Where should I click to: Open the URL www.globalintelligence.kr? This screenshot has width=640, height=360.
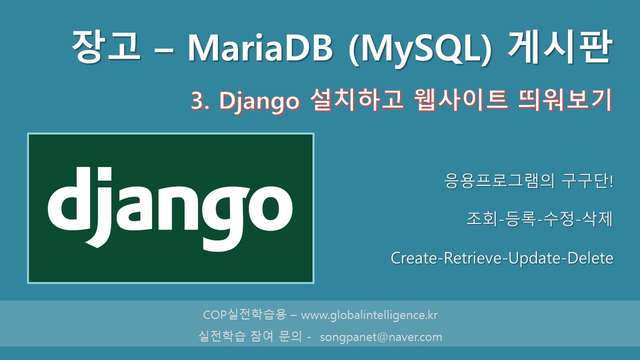point(369,315)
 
